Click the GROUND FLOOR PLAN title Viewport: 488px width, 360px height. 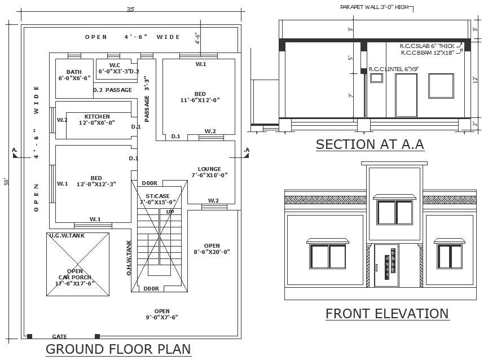118,349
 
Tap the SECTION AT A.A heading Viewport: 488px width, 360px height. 370,144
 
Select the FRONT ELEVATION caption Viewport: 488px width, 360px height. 387,314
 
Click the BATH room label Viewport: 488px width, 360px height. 74,72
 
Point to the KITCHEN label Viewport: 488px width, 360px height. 97,116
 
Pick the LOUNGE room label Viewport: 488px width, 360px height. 209,169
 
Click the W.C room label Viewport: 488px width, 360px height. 115,65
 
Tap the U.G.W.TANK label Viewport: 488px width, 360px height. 67,235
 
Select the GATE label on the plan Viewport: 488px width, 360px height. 59,336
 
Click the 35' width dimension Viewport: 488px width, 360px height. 130,9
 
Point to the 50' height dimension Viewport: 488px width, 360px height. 7,182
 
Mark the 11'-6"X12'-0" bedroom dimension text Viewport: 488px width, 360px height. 200,100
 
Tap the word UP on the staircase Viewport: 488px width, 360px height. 170,212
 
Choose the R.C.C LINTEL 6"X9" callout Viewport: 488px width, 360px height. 394,69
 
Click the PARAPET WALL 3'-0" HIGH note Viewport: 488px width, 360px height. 375,7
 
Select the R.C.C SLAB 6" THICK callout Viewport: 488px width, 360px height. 427,46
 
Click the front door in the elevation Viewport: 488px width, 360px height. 386,265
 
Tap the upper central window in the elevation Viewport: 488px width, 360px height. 395,212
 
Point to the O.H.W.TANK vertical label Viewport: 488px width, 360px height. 129,258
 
